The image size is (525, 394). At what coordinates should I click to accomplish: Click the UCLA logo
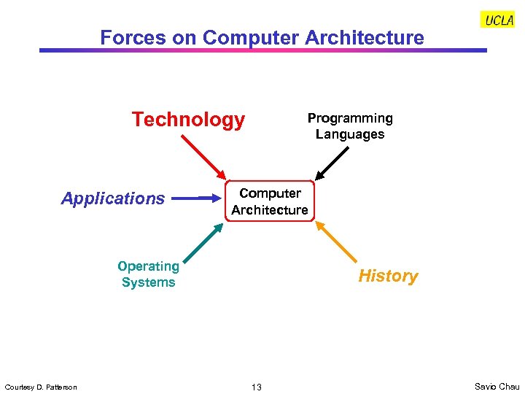[x=498, y=20]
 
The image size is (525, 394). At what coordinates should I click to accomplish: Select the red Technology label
[x=188, y=120]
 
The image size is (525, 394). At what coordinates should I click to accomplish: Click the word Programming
[x=350, y=118]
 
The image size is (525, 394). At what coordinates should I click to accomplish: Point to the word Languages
[x=350, y=134]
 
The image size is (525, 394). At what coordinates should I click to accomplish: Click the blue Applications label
[x=113, y=198]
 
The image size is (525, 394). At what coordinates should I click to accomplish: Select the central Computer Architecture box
[x=270, y=201]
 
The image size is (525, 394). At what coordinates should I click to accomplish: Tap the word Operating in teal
[x=148, y=266]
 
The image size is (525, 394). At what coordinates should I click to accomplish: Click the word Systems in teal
[x=148, y=282]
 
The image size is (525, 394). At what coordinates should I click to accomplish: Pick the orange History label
[x=388, y=277]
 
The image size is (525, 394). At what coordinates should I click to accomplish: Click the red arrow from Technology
[x=203, y=158]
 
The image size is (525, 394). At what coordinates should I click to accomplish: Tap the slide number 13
[x=257, y=387]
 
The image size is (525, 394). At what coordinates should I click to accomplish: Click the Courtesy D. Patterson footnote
[x=41, y=387]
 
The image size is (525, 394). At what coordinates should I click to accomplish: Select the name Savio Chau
[x=497, y=387]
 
